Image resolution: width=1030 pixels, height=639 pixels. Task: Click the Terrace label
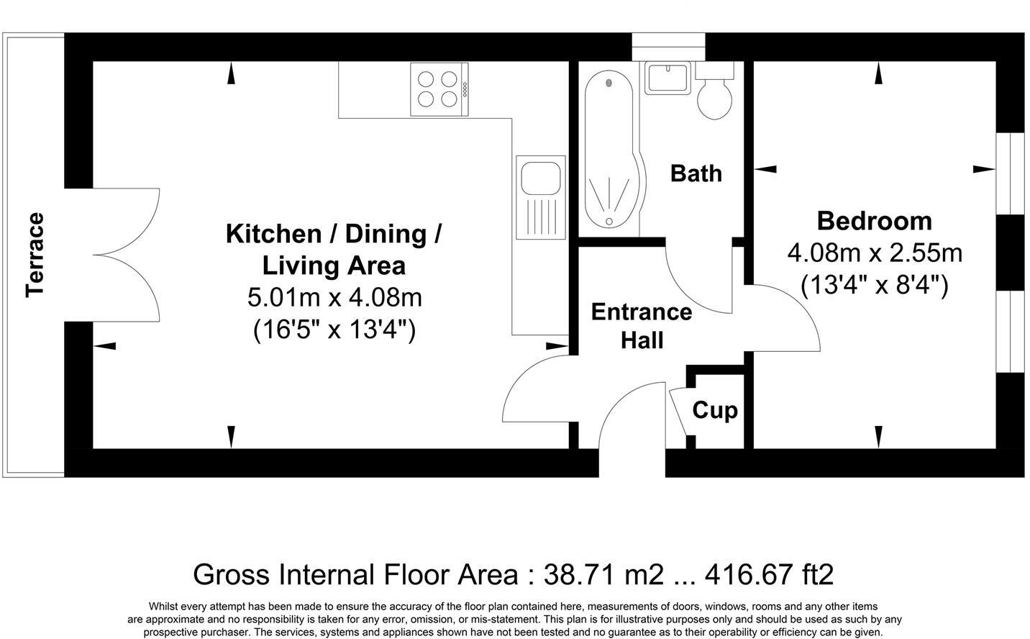click(x=35, y=255)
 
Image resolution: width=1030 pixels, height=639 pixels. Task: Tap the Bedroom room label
click(x=874, y=220)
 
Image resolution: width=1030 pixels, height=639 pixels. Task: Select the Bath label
click(x=696, y=173)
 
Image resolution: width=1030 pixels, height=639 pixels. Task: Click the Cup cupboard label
click(x=715, y=410)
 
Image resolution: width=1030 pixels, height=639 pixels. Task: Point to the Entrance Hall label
click(x=641, y=326)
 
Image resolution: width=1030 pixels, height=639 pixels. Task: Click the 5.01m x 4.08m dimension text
click(x=334, y=296)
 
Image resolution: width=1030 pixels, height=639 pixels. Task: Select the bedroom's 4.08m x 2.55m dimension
click(x=875, y=253)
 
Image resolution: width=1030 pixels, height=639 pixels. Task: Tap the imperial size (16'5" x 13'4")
click(x=334, y=330)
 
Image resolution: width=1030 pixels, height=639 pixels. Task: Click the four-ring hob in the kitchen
click(x=439, y=89)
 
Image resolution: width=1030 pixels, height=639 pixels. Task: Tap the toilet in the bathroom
click(x=714, y=94)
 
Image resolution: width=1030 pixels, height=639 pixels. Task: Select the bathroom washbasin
click(x=667, y=78)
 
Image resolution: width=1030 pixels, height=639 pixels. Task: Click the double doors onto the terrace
click(x=126, y=255)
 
